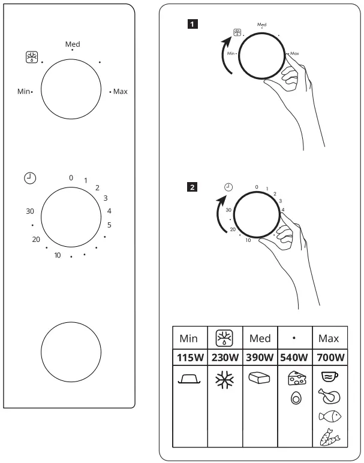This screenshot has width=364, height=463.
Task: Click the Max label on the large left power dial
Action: [x=120, y=92]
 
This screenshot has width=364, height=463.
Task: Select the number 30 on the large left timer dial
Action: [x=30, y=211]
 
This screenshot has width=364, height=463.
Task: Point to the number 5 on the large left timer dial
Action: [x=109, y=225]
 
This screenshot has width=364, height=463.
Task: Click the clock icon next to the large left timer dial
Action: [x=30, y=177]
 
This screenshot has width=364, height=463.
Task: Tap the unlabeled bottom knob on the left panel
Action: [x=71, y=352]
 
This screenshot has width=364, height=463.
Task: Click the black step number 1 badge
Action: [x=191, y=24]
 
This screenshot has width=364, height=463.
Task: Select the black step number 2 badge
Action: [x=191, y=187]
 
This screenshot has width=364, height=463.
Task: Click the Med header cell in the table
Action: [x=260, y=338]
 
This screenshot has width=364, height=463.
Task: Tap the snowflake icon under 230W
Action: [x=224, y=379]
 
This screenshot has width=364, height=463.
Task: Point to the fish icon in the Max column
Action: [x=329, y=417]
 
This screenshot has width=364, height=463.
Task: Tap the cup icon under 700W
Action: [x=329, y=377]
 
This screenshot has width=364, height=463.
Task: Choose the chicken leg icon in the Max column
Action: [x=329, y=396]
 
